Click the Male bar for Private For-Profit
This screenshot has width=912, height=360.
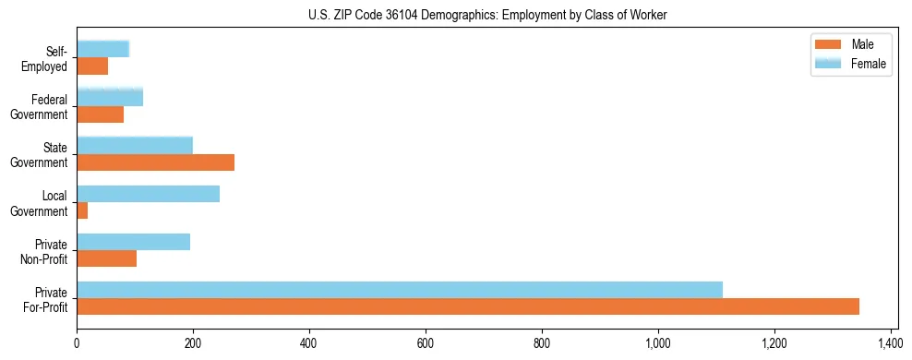pos(468,306)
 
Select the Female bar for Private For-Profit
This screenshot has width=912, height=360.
pos(400,290)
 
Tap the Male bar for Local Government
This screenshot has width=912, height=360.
pos(82,210)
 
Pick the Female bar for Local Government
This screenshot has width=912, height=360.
pos(149,194)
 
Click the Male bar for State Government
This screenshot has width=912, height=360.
pos(156,162)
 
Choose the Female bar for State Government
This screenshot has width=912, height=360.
pos(135,146)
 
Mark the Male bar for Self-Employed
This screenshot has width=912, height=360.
pos(92,66)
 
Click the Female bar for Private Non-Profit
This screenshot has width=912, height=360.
pos(134,242)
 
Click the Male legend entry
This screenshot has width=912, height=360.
pos(849,44)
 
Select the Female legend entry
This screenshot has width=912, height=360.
pos(849,63)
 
